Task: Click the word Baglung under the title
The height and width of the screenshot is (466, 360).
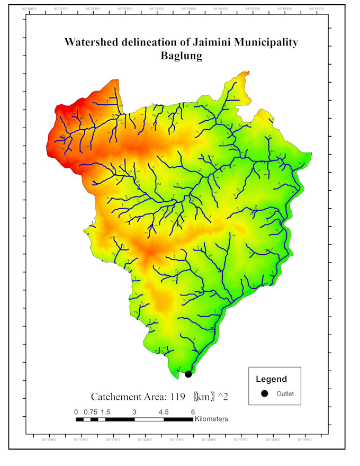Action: click(x=181, y=56)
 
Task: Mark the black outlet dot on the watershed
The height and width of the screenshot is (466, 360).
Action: click(x=188, y=374)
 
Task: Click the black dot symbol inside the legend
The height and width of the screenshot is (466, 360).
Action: click(x=265, y=393)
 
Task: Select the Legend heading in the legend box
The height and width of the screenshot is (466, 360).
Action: click(x=271, y=379)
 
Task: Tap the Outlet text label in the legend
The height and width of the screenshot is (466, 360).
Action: click(x=285, y=393)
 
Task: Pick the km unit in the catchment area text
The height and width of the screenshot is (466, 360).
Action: click(x=204, y=397)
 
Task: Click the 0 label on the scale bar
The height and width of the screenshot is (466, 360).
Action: click(x=76, y=411)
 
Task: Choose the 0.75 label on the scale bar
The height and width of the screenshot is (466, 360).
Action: click(x=91, y=411)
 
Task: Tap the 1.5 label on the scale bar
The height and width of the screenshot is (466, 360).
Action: click(x=105, y=411)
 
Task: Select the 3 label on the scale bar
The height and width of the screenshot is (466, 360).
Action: click(x=134, y=411)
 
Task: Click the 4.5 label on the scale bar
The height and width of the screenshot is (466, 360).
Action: click(x=164, y=411)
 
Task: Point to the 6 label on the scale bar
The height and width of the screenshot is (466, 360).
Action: click(x=193, y=411)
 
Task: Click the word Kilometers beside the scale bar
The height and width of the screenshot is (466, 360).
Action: click(x=211, y=419)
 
